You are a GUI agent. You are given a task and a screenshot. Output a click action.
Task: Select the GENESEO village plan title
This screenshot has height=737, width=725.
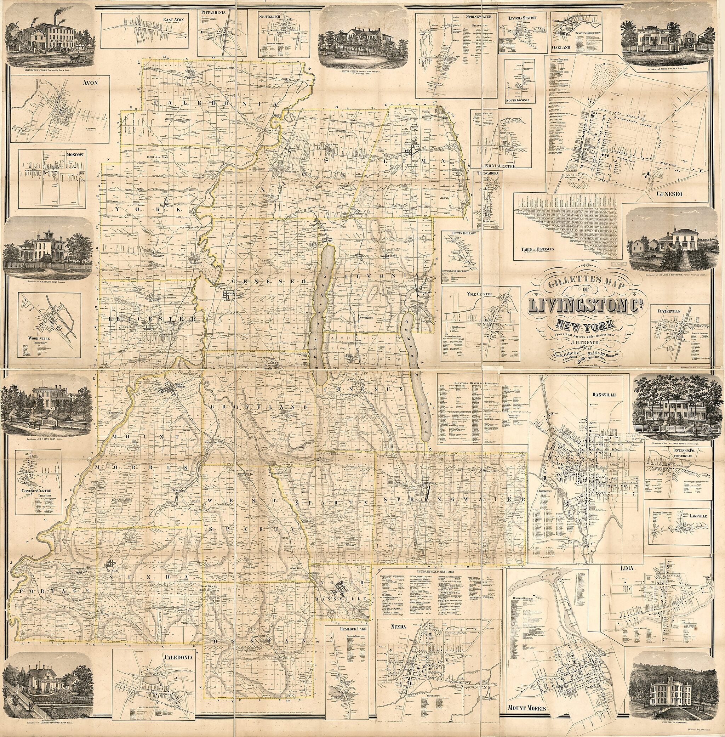click(669, 193)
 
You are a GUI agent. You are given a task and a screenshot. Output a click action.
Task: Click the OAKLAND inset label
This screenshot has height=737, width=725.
click(561, 47)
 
